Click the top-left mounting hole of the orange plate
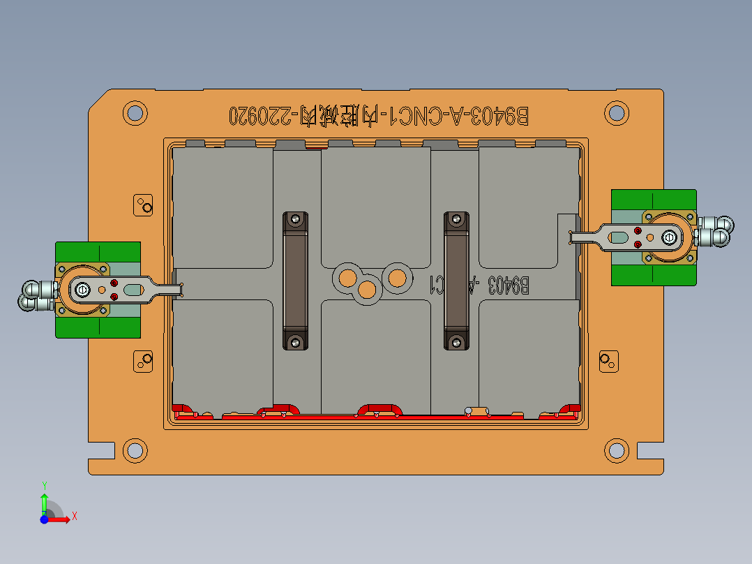135,112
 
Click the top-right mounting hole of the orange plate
616,112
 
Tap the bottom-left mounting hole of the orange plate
135,450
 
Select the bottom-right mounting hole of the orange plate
616,450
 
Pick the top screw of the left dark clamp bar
296,220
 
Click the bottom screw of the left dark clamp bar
296,341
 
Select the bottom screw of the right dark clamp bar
457,341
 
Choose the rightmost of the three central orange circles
398,277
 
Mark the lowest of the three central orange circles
367,289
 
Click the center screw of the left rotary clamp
82,289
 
